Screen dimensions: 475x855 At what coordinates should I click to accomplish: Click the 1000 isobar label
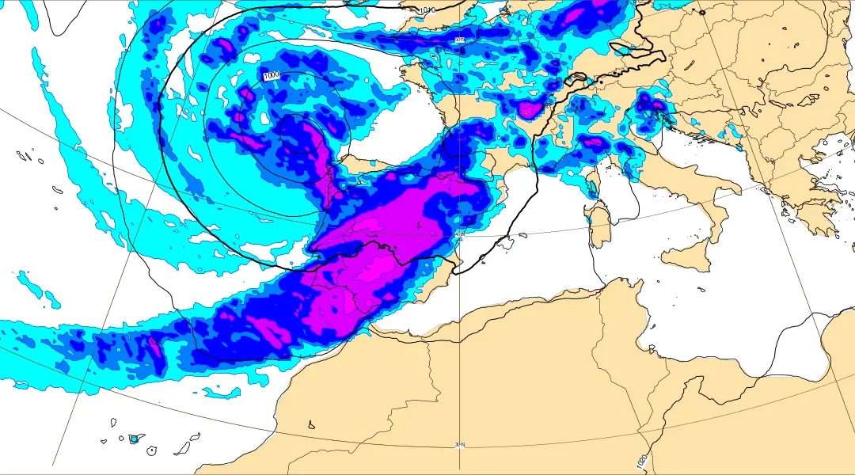(272, 75)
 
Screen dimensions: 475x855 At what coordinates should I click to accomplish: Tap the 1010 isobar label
(427, 9)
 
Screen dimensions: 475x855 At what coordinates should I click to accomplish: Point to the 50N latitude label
(460, 39)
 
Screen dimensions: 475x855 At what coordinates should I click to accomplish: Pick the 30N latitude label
(460, 445)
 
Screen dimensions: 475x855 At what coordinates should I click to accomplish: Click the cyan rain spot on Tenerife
(135, 439)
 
